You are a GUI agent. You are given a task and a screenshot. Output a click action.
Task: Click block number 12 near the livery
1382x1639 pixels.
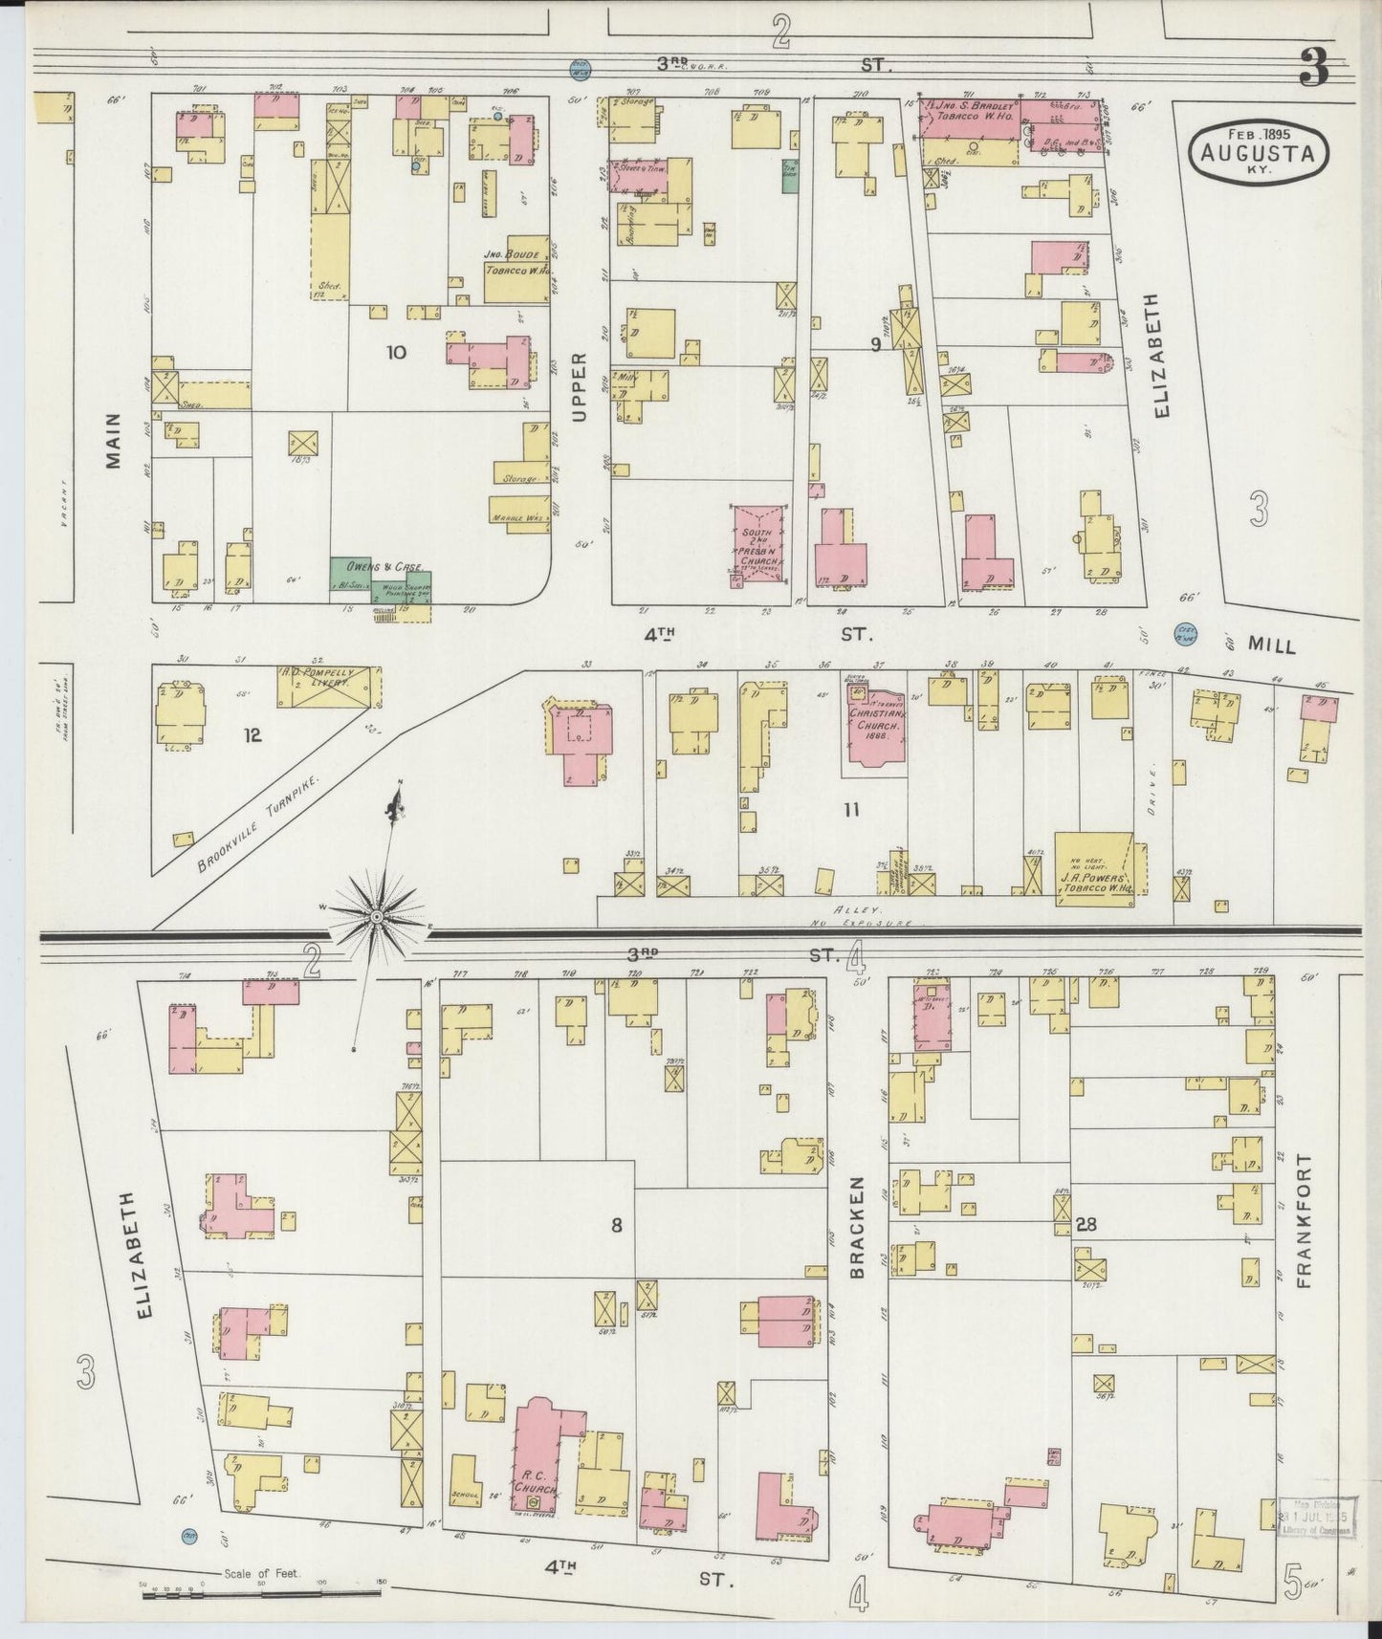[252, 734]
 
